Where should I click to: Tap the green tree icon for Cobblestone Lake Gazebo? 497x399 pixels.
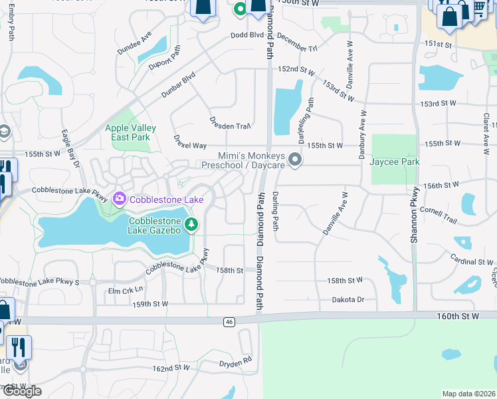coord(192,224)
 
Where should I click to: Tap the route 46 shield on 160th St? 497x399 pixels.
coord(229,322)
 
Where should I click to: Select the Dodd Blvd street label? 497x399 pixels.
coord(247,35)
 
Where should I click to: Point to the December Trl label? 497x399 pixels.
coord(297,43)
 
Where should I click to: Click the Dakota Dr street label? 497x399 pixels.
coord(348,300)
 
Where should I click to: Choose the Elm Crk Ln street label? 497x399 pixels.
coord(126,290)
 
